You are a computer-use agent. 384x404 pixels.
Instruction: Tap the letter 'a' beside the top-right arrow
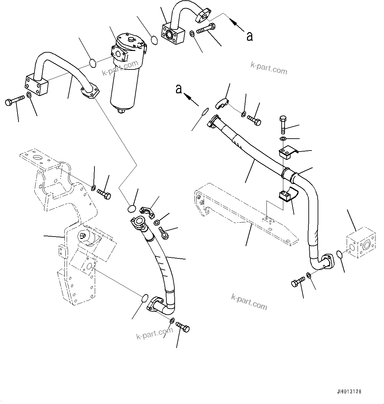pyautogui.click(x=250, y=36)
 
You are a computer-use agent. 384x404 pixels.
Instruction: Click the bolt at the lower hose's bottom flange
pyautogui.click(x=183, y=327)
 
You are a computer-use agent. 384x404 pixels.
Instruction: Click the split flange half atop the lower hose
pyautogui.click(x=147, y=212)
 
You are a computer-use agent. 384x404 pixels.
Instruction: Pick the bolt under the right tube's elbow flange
pyautogui.click(x=298, y=283)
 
